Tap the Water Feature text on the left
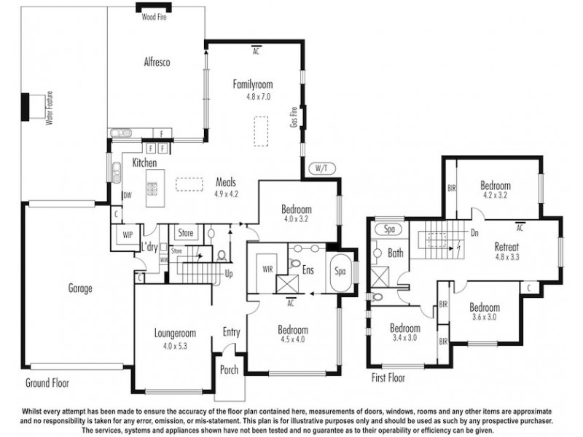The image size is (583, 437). click(x=50, y=108)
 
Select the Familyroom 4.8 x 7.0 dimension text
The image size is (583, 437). click(x=257, y=96)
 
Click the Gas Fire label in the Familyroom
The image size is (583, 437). click(x=294, y=117)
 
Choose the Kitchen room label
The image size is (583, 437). click(x=144, y=163)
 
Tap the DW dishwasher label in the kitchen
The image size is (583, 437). click(x=128, y=195)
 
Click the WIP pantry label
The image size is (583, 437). click(x=128, y=235)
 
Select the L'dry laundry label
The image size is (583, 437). click(x=150, y=247)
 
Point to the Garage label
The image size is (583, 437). click(x=80, y=288)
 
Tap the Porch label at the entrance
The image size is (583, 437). click(x=229, y=370)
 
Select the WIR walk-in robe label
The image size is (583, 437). click(x=267, y=269)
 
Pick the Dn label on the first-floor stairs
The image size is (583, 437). click(x=474, y=235)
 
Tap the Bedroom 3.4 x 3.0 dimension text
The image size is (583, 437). click(x=404, y=339)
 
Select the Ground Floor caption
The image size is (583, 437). click(x=47, y=382)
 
